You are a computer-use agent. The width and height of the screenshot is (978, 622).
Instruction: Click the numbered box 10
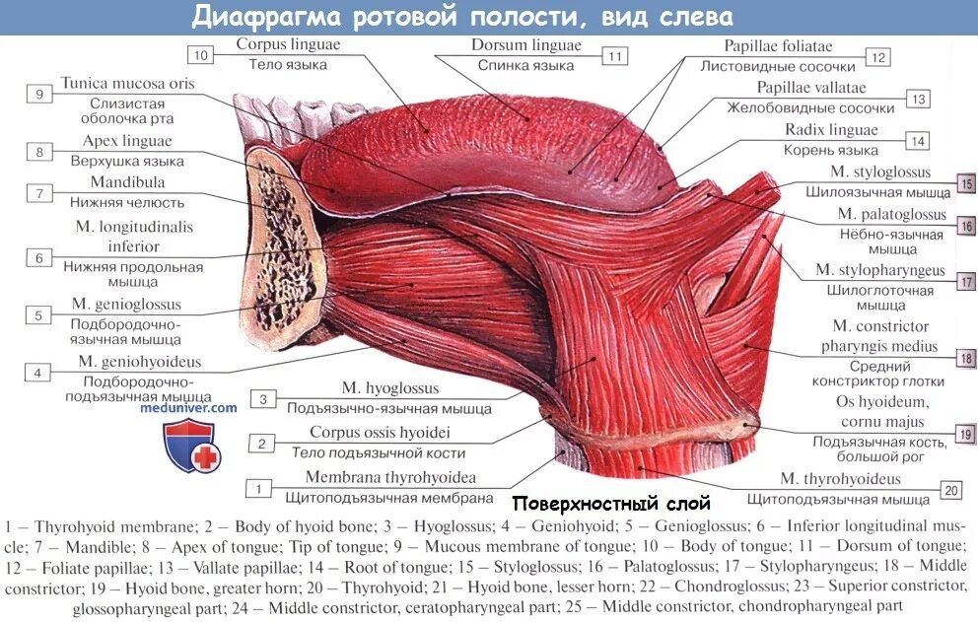[201, 55]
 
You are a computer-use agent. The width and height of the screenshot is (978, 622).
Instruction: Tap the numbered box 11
[615, 56]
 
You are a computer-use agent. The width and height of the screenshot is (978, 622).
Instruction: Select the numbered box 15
[966, 182]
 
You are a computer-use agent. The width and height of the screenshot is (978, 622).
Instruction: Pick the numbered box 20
[950, 490]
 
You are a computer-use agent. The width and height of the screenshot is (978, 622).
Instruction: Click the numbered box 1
[258, 488]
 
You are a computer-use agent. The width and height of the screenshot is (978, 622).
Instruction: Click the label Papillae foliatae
[778, 46]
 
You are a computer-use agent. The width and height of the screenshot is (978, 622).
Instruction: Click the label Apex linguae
[126, 141]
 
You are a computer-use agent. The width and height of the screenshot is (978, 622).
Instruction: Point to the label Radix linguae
[830, 130]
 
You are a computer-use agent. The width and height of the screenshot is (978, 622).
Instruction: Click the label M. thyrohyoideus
[840, 479]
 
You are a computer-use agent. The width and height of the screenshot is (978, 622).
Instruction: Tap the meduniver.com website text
[196, 406]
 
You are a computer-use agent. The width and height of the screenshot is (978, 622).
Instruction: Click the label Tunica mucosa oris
[127, 84]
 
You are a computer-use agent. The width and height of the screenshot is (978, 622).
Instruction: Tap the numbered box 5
[38, 315]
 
